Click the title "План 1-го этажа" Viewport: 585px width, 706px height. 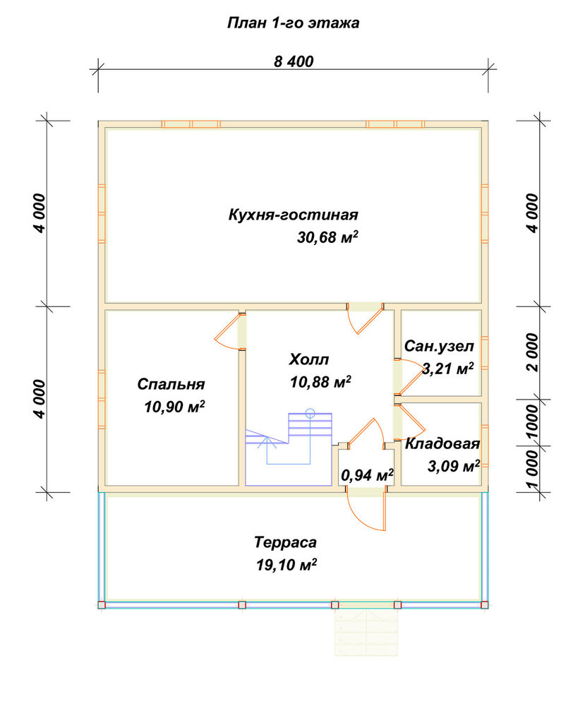tap(293, 23)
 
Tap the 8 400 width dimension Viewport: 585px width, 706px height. tap(294, 61)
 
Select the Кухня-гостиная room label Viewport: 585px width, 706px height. tap(293, 215)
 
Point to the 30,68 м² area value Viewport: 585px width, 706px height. tap(327, 237)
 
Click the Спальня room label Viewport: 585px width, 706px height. tap(171, 384)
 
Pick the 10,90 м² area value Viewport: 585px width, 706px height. tap(174, 407)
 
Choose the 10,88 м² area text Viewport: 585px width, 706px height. tap(320, 382)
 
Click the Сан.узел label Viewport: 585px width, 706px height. tap(439, 346)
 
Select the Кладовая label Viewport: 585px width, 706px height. tap(442, 443)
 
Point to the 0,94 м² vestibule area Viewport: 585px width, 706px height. tap(367, 474)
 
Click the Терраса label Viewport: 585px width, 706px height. tap(285, 542)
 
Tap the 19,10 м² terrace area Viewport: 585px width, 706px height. tap(287, 564)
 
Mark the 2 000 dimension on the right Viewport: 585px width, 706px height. tap(532, 352)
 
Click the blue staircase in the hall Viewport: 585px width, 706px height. tap(289, 448)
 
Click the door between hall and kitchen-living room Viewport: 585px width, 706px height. tap(365, 318)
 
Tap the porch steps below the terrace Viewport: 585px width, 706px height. tap(366, 633)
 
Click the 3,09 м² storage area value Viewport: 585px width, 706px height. tap(453, 466)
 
